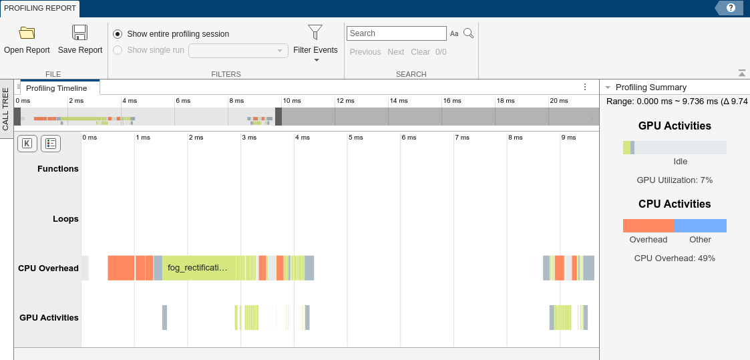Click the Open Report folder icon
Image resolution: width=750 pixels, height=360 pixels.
click(27, 33)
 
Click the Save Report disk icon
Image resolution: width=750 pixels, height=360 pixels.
click(80, 33)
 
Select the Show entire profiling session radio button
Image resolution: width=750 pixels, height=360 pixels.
click(118, 34)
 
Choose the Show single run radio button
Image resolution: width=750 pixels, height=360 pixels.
click(118, 50)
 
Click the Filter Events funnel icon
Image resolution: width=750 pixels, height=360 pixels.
click(315, 32)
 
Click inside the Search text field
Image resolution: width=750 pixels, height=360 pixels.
click(396, 33)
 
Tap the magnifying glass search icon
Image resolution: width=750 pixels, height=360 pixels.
click(469, 33)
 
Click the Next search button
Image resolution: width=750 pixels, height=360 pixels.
click(396, 52)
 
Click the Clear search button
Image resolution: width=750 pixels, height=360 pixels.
click(420, 52)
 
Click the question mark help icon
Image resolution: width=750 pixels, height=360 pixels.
click(731, 8)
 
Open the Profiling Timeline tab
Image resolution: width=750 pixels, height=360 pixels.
click(57, 88)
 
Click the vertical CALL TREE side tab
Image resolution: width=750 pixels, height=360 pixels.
click(6, 109)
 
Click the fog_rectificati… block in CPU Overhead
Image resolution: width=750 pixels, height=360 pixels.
click(198, 268)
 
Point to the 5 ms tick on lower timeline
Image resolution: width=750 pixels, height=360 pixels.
click(355, 138)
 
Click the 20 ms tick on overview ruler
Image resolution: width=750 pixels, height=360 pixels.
click(558, 101)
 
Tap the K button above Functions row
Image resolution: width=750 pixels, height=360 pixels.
click(27, 143)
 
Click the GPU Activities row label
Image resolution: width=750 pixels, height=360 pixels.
click(49, 318)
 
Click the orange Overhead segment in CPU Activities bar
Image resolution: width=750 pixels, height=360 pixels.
click(648, 226)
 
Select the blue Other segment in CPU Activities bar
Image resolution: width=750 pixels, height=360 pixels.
click(700, 226)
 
